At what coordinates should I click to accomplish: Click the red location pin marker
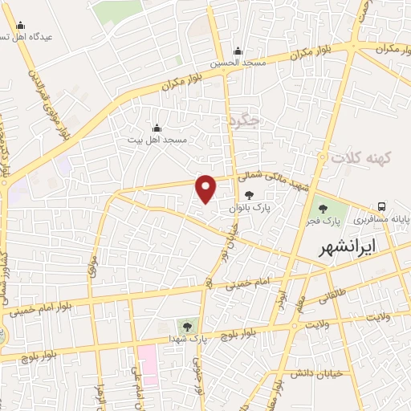tap(206, 189)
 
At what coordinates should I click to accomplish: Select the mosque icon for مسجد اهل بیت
tap(157, 128)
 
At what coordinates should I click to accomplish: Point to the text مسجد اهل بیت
tap(158, 140)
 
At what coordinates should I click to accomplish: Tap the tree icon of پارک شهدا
tap(187, 326)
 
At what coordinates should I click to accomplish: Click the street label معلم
tap(299, 305)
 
